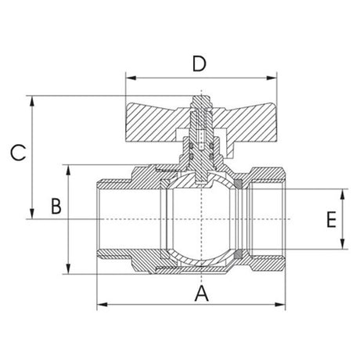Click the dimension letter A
[201, 294]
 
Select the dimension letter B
[56, 207]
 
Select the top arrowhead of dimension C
[31, 100]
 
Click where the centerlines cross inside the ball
[201, 220]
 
